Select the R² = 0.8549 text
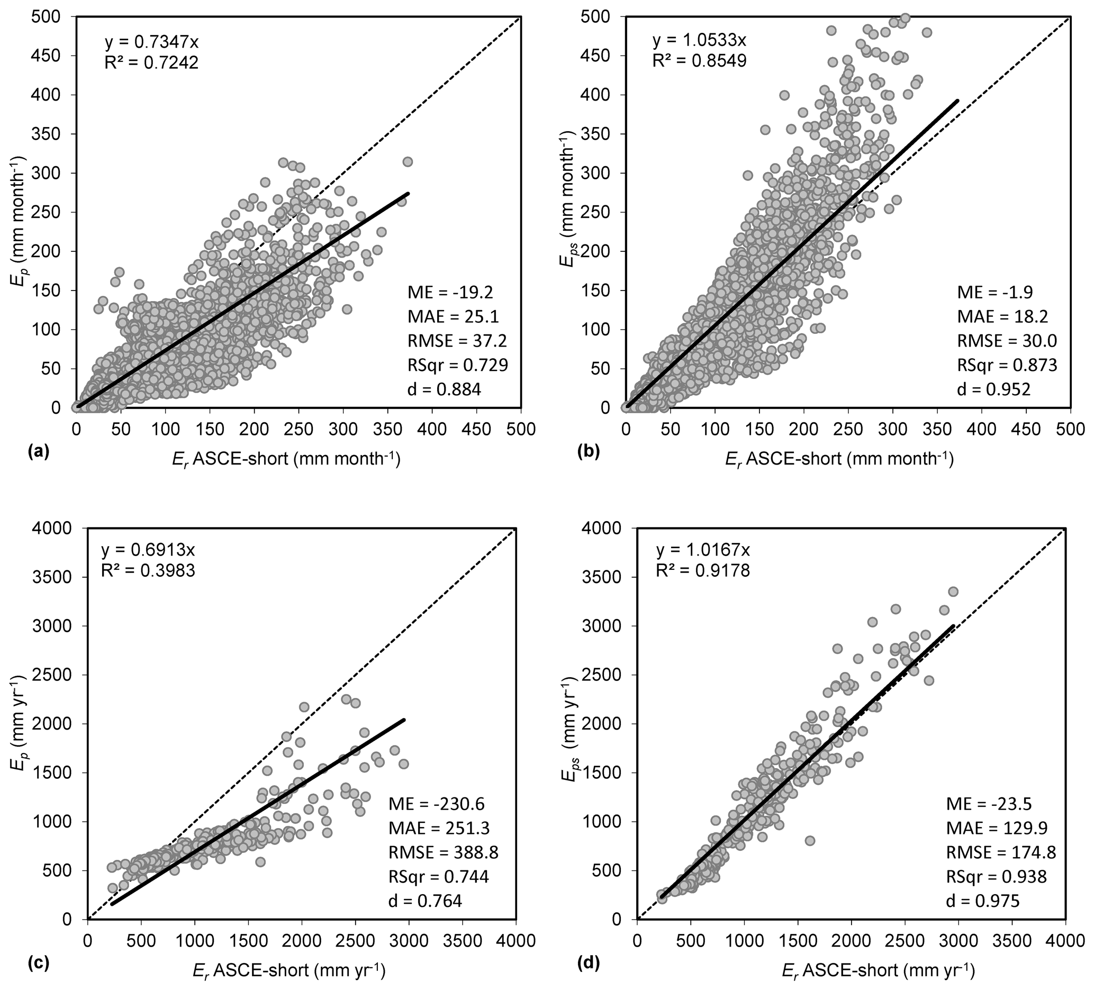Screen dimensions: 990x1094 coord(699,61)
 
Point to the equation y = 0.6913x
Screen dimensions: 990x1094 coord(148,550)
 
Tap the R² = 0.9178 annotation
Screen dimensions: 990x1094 coord(703,570)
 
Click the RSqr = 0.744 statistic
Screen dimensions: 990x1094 coord(438,877)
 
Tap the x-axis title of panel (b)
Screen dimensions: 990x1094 coord(839,459)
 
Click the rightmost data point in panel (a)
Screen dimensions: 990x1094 coord(408,162)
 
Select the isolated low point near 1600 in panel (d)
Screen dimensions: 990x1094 coord(810,841)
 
